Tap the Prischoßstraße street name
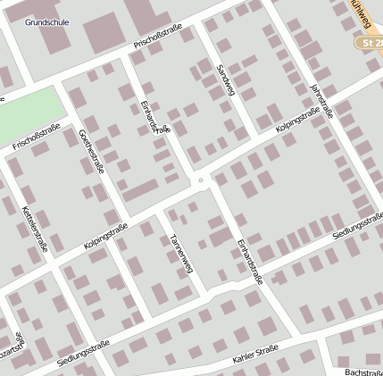coord(158,37)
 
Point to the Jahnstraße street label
coord(321,101)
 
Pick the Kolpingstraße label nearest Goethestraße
coord(106,235)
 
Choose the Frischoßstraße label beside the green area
coord(37,136)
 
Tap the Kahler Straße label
coord(256,357)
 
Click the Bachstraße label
coord(362,370)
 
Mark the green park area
coord(30,113)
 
